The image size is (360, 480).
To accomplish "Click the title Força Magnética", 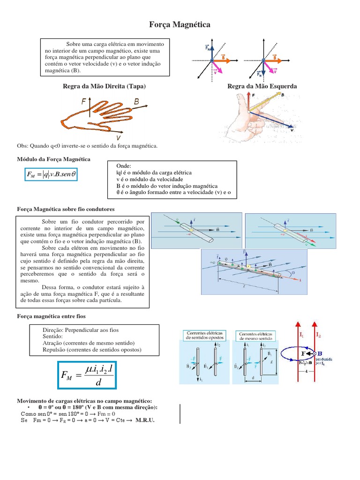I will coord(180,24).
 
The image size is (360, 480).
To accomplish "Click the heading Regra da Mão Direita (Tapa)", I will coord(104,86).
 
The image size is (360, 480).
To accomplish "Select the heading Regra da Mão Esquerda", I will coord(262,86).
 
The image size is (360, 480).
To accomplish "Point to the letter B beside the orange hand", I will coord(136,102).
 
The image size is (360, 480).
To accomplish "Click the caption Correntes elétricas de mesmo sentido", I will coord(256,335).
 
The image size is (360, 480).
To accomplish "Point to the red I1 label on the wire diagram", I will coord(301,335).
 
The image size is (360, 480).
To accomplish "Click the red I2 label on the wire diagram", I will coord(319,335).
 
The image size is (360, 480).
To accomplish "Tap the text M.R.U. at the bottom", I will coord(145,420).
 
